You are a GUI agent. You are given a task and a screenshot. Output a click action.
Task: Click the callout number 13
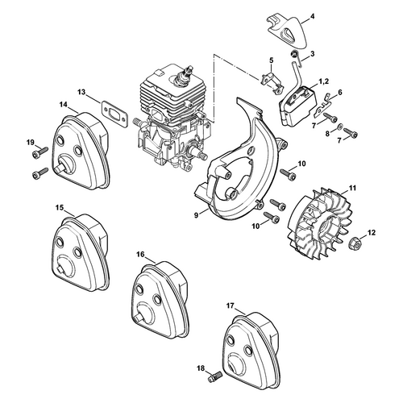pos(81,92)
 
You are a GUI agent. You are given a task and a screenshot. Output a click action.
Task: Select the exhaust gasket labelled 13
pos(114,114)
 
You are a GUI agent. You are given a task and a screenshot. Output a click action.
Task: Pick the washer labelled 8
pos(339,127)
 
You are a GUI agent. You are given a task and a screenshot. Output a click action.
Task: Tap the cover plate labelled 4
pos(288,31)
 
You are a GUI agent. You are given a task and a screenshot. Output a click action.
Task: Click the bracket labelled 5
pos(272,82)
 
